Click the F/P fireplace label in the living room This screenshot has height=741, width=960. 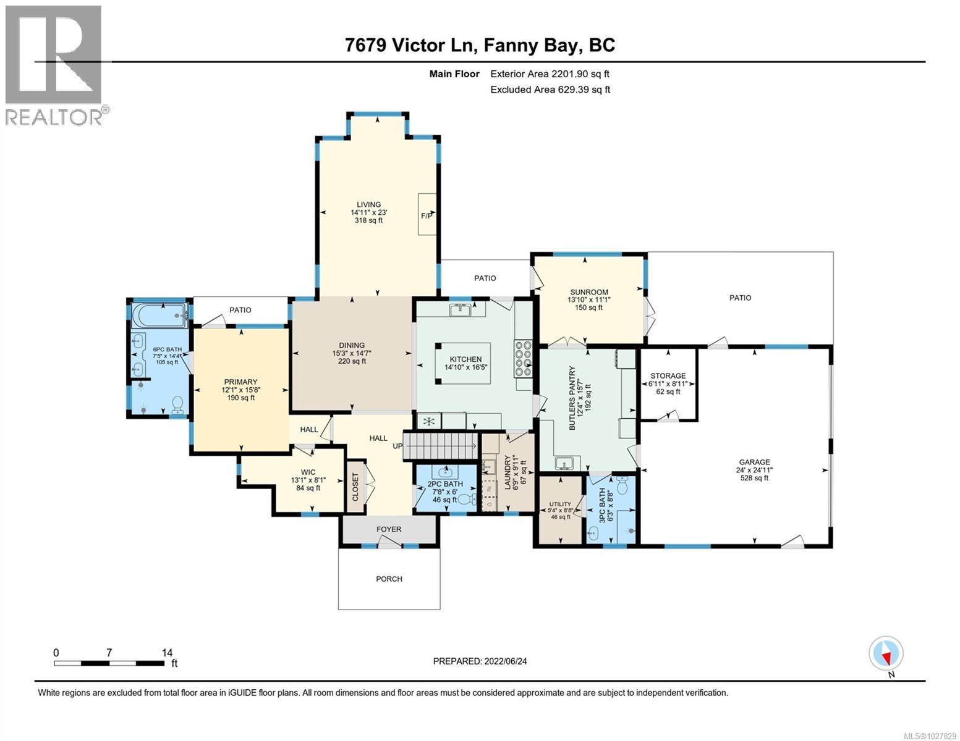point(427,216)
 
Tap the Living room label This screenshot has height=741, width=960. point(368,205)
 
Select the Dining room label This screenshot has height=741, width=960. point(351,346)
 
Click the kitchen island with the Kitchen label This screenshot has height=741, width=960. point(465,364)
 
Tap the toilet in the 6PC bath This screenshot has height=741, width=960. point(178,404)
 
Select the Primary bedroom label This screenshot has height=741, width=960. point(240,382)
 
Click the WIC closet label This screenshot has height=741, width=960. point(308,472)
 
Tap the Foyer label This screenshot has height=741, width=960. point(389,529)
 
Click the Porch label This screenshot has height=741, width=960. point(389,579)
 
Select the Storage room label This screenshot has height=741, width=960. point(668,376)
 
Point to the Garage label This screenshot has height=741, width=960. point(754,462)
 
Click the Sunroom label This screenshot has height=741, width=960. point(588,292)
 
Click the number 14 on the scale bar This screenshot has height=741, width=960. point(166,652)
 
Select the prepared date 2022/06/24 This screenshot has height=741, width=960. point(480,661)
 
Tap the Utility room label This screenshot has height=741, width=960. point(560,504)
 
